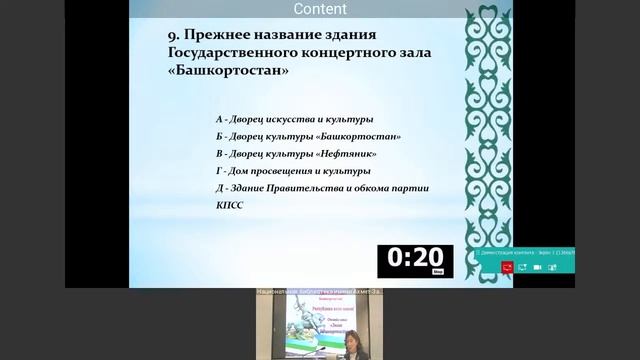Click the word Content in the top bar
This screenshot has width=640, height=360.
coord(321,9)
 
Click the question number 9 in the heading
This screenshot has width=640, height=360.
coord(172,33)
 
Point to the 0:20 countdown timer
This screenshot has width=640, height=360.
coord(415,260)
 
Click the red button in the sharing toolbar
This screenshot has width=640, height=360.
coord(508,268)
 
